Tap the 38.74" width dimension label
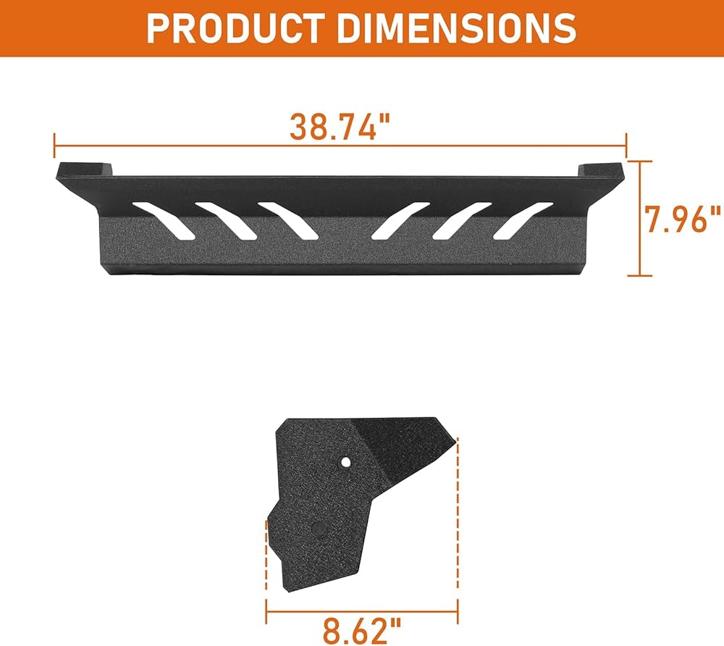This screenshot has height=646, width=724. (340, 126)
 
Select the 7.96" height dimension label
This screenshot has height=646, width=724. (683, 219)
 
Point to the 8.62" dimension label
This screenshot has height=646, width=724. (361, 631)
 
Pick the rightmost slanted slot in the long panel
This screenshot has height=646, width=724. (523, 221)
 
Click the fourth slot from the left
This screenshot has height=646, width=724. (401, 221)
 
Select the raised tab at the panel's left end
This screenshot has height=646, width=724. (83, 169)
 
